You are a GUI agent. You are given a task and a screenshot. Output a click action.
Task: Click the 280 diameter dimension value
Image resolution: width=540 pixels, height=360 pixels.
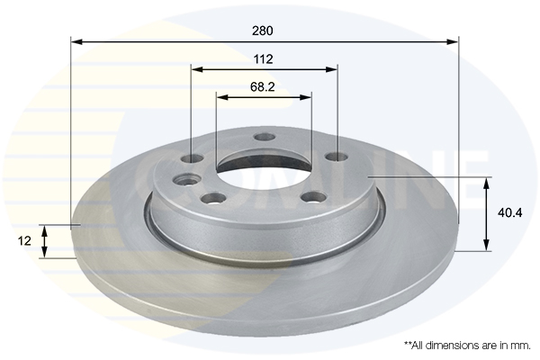click(263, 31)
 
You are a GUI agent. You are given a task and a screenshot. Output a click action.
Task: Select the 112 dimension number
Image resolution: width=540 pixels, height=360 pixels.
click(263, 59)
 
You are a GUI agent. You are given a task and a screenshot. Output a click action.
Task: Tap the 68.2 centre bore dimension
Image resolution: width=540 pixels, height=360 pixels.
click(263, 86)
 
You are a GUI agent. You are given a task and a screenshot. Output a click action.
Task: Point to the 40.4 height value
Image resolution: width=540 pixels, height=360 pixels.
click(509, 213)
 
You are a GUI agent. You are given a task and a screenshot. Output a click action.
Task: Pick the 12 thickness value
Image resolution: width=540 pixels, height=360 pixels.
click(24, 241)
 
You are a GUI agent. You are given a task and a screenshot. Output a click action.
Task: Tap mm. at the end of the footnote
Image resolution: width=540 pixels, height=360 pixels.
click(521, 346)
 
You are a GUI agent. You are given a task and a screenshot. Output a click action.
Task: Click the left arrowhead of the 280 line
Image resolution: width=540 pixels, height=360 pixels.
click(76, 42)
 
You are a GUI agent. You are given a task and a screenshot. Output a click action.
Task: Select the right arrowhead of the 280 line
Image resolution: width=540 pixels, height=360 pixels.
click(453, 42)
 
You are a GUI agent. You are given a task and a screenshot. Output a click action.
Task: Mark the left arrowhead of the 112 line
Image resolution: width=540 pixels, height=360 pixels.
click(197, 70)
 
